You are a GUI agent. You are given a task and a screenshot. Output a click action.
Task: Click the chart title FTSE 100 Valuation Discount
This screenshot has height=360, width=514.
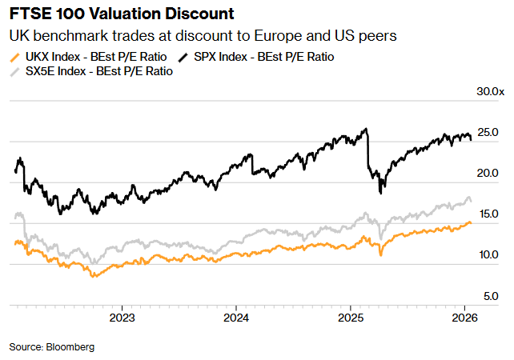(x=122, y=14)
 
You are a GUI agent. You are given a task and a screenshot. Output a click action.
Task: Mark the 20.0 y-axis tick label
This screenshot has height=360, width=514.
(x=488, y=174)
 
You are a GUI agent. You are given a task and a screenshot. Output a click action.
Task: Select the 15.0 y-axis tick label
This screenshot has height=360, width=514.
(x=488, y=214)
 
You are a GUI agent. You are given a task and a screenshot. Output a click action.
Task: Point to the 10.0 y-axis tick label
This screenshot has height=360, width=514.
(x=488, y=255)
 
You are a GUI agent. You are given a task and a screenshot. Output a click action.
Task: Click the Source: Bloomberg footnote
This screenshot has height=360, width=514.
(x=52, y=346)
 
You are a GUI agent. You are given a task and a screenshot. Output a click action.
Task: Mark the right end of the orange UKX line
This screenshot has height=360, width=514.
(x=471, y=222)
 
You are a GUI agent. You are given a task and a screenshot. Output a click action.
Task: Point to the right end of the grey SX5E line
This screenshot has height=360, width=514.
(x=472, y=201)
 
